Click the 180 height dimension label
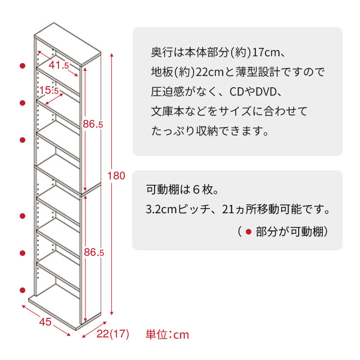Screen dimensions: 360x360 [x=116, y=175]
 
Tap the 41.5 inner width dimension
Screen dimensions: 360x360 [x=58, y=65]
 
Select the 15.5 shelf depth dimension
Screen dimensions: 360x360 [x=49, y=90]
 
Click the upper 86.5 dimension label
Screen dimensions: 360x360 [x=93, y=124]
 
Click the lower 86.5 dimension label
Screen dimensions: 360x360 [x=94, y=253]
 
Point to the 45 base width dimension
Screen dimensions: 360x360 [x=45, y=322]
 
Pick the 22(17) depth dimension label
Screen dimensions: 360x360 [x=112, y=334]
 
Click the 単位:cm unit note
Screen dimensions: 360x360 [x=167, y=335]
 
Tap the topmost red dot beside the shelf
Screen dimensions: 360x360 [x=22, y=66]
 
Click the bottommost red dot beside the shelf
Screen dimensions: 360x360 [x=22, y=290]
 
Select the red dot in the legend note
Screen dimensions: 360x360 [x=249, y=232]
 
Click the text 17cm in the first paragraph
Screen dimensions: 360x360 [x=266, y=52]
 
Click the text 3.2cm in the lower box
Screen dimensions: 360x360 [x=161, y=209]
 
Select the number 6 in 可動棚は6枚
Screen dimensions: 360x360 [x=196, y=190]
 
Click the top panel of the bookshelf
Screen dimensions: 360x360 [x=67, y=44]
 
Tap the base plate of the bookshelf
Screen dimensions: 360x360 [x=65, y=310]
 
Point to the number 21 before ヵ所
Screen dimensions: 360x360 [x=228, y=209]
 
